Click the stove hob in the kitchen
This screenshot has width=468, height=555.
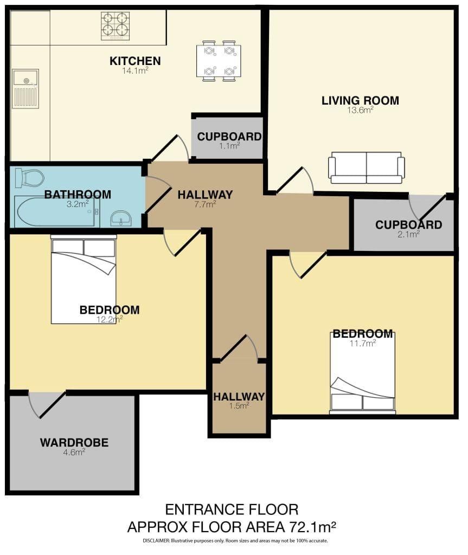click(115, 26)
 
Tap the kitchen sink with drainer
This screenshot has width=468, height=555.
click(25, 88)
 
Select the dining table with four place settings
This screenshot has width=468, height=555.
click(219, 61)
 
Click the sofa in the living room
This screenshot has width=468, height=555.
click(367, 168)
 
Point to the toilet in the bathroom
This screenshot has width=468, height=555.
click(30, 178)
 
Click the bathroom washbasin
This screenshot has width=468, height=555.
click(121, 218)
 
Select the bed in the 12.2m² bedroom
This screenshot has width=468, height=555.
click(84, 279)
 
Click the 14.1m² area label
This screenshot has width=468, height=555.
click(135, 70)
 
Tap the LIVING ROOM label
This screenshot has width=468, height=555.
click(360, 100)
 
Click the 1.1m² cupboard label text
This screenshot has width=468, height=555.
click(229, 137)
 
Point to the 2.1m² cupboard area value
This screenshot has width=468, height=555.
click(408, 234)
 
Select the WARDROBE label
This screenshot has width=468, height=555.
click(74, 442)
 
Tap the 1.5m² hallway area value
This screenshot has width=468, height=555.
click(239, 405)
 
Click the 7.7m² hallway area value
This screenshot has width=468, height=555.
click(205, 204)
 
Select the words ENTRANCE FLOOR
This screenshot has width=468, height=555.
click(232, 509)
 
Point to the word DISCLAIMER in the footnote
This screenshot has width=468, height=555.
click(156, 541)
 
